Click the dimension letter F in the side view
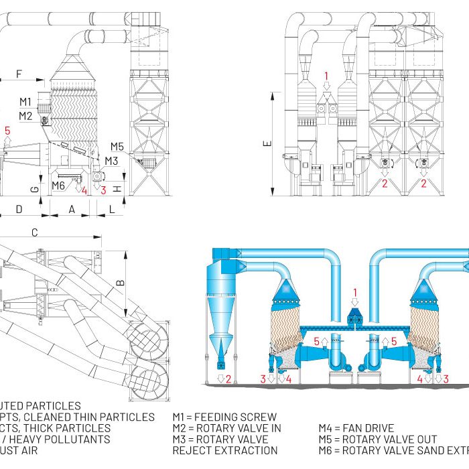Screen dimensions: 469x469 point(19,72)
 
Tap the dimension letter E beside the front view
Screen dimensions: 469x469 point(267,143)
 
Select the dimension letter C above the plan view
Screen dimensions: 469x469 point(34,232)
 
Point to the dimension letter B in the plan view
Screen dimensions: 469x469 point(121,283)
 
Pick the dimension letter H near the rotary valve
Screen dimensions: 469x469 point(119,188)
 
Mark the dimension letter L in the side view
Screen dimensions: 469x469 point(112,210)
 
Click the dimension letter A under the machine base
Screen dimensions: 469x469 point(72,210)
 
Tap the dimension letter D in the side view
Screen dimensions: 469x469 point(19,210)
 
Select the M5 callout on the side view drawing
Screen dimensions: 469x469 point(118,146)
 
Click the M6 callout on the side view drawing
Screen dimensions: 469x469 point(58,186)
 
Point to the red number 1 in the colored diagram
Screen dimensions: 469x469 point(355,292)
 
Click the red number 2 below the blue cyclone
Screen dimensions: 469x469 point(228,379)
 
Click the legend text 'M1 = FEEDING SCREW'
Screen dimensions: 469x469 point(224,417)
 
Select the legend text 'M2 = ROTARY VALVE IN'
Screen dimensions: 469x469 point(226,428)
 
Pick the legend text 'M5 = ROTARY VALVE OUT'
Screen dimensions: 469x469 point(377,440)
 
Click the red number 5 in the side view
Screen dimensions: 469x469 point(8,131)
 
